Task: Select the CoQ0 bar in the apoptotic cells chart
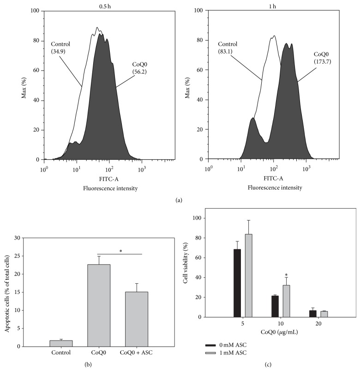(x=105, y=305)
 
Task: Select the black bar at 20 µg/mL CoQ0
(x=300, y=313)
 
